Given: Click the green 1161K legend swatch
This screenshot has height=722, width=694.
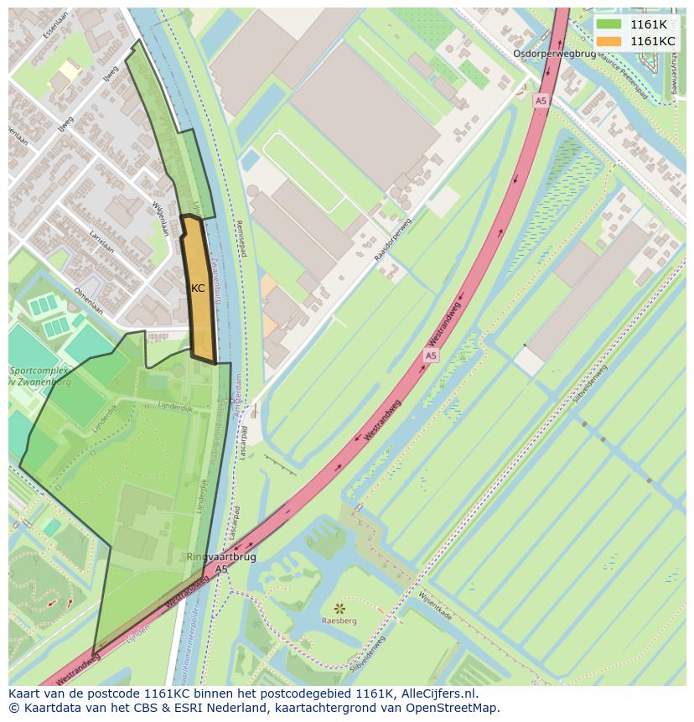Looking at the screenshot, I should click(x=609, y=24).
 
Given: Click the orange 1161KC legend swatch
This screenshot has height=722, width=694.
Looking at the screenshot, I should click(x=609, y=41).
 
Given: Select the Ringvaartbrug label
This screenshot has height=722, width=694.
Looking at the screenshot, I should click(x=221, y=556).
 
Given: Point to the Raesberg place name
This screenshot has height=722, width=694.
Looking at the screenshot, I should click(x=338, y=621).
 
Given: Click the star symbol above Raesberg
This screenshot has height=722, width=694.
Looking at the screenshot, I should click(x=339, y=608).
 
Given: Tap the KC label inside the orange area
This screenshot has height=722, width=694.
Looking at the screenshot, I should click(x=198, y=288).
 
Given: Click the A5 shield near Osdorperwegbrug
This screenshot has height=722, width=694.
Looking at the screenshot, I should click(x=541, y=101).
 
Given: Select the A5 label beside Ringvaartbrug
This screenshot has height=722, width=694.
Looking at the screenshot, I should click(x=220, y=569).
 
